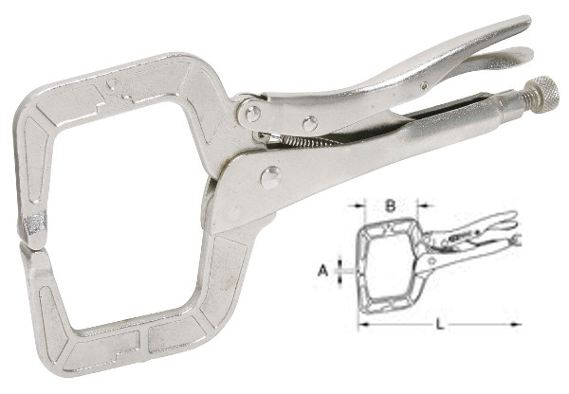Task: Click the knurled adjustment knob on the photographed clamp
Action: coord(543,95)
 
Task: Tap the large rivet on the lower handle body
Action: coord(270,178)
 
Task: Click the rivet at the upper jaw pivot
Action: coord(253,114)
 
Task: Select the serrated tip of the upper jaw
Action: coord(35,225)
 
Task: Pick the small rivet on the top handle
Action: coord(424,86)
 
